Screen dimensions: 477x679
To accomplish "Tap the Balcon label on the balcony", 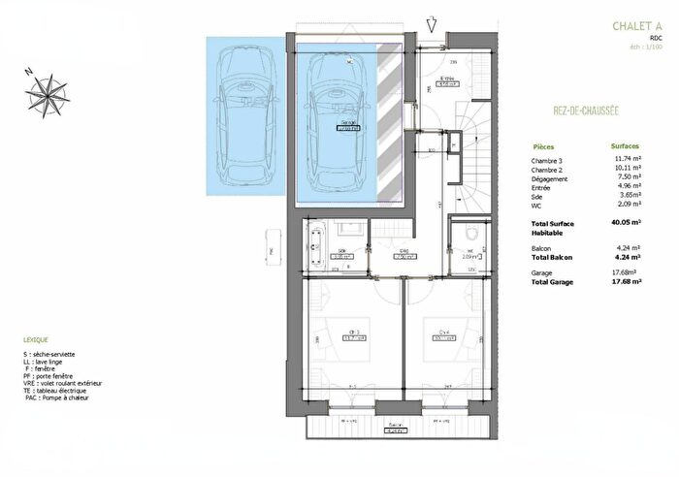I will pyautogui.click(x=396, y=425).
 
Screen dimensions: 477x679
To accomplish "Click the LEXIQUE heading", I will pyautogui.click(x=37, y=340).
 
